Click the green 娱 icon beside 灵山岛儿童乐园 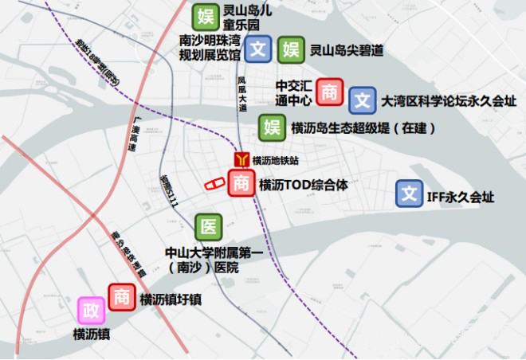(x=206, y=16)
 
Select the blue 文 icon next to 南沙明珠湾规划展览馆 (x=257, y=49)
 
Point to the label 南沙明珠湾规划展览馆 (x=210, y=48)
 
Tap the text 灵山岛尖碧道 (x=346, y=50)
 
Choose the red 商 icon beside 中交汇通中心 (x=329, y=92)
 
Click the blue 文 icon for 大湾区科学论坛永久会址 (x=363, y=100)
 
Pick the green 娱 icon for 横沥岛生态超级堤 (x=273, y=127)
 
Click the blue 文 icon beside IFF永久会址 (x=410, y=194)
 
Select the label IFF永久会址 (x=461, y=194)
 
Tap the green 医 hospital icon (x=208, y=226)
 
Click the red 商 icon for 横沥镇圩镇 (x=121, y=297)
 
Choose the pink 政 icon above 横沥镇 (x=88, y=309)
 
